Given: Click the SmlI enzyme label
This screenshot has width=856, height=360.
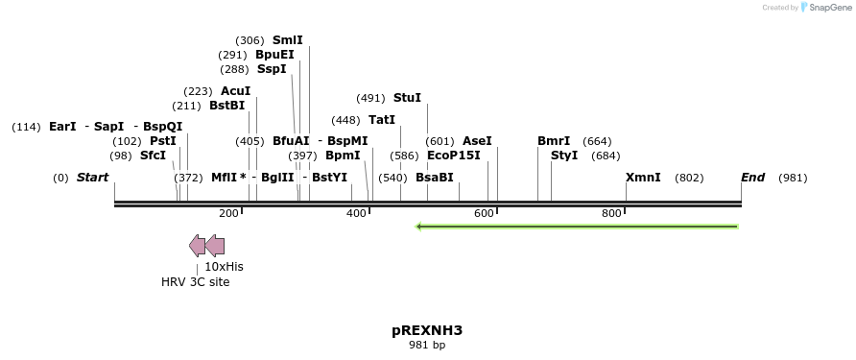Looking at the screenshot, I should (287, 40).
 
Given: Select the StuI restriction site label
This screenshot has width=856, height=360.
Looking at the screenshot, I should (407, 98).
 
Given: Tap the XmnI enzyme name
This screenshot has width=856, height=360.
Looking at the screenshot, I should (643, 178).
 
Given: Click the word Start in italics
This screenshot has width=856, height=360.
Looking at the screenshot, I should (92, 178).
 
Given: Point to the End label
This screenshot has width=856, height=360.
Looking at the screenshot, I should (752, 178).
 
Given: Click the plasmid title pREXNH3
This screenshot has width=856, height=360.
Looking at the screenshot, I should (427, 330).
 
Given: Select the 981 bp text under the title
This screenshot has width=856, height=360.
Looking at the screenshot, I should (427, 346).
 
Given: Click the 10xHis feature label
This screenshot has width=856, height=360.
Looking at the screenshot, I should (224, 266).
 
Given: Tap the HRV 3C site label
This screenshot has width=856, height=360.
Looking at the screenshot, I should (195, 282).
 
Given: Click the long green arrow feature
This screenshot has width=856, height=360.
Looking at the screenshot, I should (576, 227).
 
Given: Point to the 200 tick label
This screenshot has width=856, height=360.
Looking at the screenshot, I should (228, 213).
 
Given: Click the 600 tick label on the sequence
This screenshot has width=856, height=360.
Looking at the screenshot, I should (484, 213).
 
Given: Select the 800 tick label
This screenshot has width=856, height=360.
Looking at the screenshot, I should (611, 213).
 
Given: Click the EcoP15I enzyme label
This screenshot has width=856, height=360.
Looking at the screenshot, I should (453, 155).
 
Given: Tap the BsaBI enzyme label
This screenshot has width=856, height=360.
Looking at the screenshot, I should (434, 178).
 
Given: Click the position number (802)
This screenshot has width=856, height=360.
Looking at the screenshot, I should (689, 178).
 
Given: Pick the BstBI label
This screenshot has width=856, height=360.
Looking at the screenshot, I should (226, 106).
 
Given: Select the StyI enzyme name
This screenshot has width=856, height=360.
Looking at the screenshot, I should (564, 155).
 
